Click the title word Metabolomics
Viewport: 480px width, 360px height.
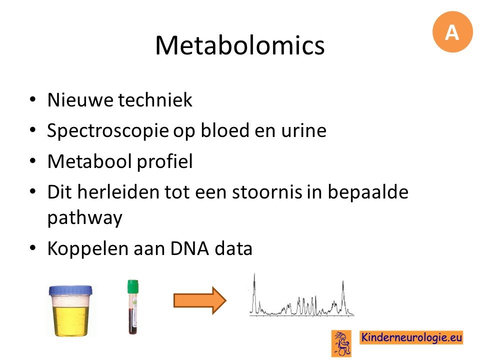pyautogui.click(x=239, y=45)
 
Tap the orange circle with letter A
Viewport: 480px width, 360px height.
pyautogui.click(x=452, y=32)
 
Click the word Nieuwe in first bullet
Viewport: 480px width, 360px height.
pyautogui.click(x=80, y=100)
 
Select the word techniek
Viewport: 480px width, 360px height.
pyautogui.click(x=155, y=100)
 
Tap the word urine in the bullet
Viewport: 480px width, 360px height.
pyautogui.click(x=304, y=131)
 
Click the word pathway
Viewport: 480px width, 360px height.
pyautogui.click(x=85, y=218)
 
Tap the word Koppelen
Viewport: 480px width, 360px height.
pyautogui.click(x=88, y=249)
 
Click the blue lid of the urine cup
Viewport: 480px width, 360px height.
pyautogui.click(x=70, y=290)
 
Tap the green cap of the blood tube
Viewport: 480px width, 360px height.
pyautogui.click(x=133, y=286)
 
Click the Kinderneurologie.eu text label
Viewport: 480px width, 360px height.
pyautogui.click(x=411, y=337)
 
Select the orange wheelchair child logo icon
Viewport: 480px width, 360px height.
pyautogui.click(x=341, y=343)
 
